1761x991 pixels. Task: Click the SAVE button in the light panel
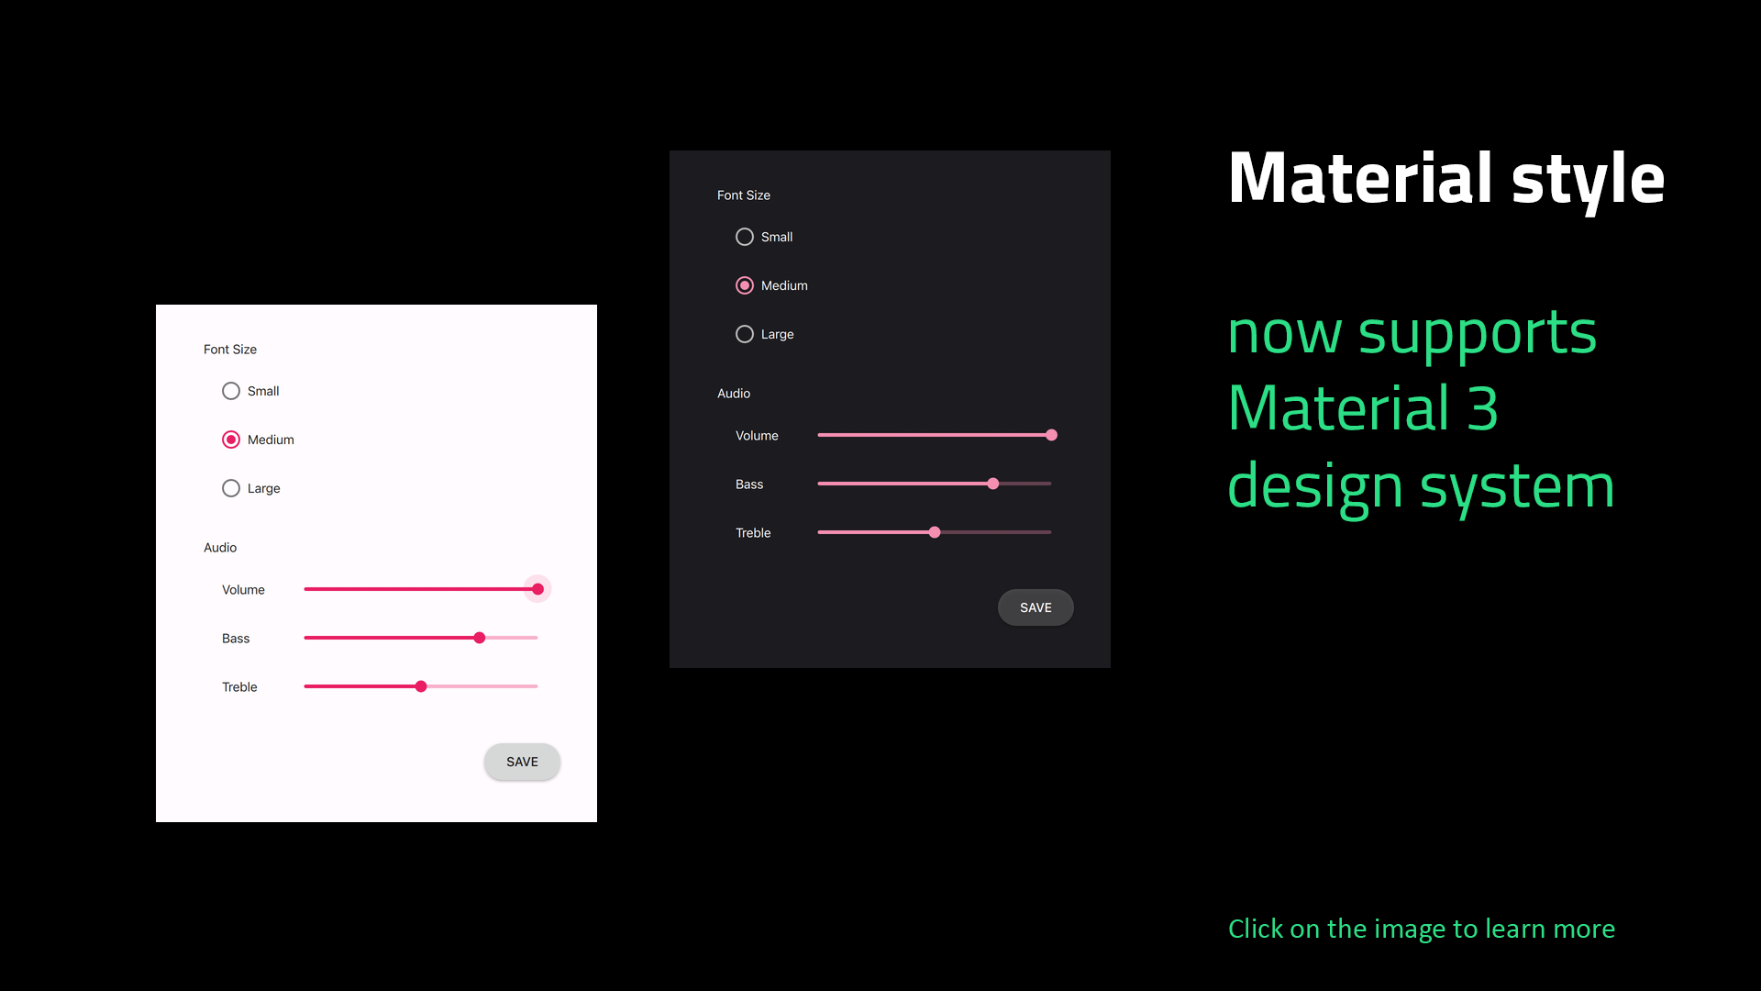522,762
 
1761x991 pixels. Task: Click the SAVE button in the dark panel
1036,607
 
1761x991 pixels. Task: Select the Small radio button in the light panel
231,391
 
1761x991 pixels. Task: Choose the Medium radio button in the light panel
231,440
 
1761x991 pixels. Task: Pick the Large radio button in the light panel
231,488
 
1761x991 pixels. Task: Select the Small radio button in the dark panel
745,237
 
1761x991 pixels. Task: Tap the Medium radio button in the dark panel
745,285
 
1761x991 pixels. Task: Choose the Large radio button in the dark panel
745,334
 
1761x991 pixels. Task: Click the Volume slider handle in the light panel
538,589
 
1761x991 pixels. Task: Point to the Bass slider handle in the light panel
480,638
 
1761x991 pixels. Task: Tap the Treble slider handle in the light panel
421,686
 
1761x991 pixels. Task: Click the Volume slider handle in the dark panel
1052,435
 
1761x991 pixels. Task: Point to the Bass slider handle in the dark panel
993,484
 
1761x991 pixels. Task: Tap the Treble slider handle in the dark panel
935,532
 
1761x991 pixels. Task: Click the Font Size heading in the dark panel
744,195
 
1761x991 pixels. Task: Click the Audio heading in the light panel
220,548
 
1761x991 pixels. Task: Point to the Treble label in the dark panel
753,533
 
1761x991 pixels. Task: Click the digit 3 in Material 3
1482,408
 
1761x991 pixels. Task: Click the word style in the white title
1588,180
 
